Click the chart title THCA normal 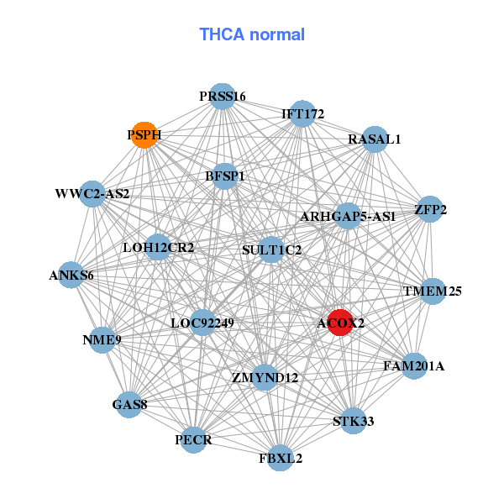(x=252, y=34)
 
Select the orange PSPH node (x=144, y=134)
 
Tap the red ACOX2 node (x=339, y=323)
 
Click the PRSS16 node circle (x=222, y=97)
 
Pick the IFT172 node (x=302, y=113)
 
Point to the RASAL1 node (x=374, y=139)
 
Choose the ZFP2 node (x=429, y=210)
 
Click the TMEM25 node (x=432, y=291)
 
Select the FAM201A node (x=413, y=366)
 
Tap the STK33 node (x=354, y=420)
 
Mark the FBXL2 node (x=281, y=459)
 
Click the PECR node (x=194, y=439)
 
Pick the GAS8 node (x=130, y=405)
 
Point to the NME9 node (x=102, y=340)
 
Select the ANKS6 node (x=71, y=275)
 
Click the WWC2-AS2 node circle (x=92, y=194)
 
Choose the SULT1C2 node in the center (x=271, y=249)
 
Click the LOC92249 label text (x=202, y=322)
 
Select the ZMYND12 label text (x=265, y=377)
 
